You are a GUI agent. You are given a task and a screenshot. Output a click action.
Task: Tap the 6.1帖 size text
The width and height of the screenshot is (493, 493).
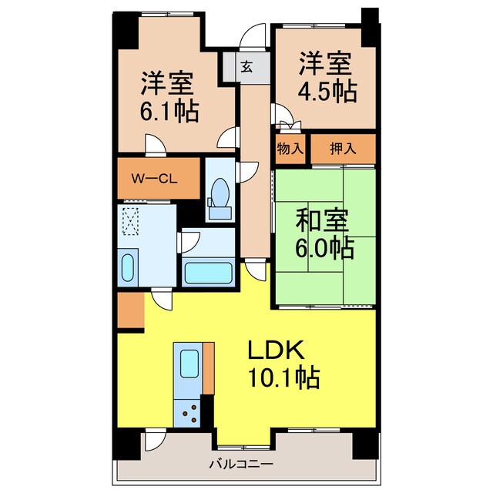click(x=169, y=112)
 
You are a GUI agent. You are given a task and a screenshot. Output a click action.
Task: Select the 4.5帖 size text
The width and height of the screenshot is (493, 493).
click(x=327, y=92)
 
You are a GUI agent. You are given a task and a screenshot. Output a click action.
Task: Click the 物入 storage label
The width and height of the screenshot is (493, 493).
click(x=290, y=149)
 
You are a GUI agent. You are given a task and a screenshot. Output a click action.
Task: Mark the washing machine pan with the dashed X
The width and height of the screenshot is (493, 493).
click(x=131, y=220)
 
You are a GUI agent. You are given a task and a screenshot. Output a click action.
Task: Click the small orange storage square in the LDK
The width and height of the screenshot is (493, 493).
click(x=130, y=310)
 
